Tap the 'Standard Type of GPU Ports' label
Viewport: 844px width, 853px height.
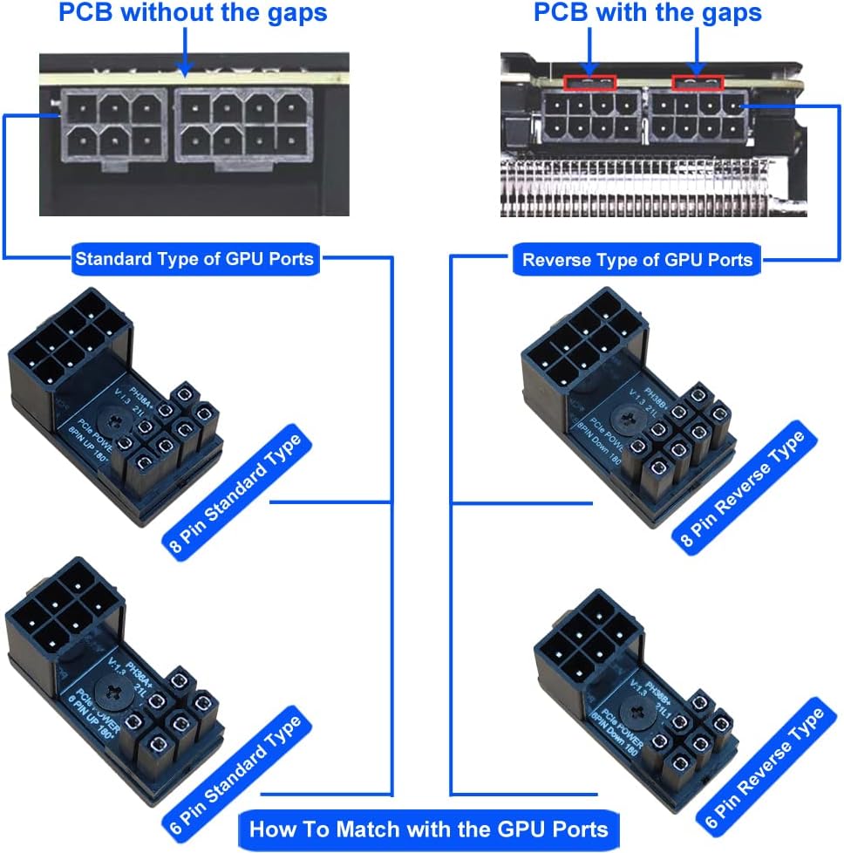194,258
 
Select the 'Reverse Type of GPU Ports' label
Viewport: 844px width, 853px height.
637,259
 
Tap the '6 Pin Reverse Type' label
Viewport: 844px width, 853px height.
760,768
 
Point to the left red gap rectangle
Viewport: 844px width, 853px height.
589,83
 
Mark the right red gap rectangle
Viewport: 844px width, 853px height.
698,83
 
